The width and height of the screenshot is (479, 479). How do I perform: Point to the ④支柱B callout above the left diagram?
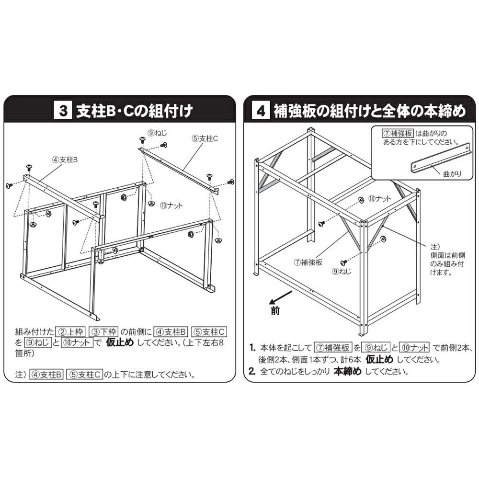click(65, 160)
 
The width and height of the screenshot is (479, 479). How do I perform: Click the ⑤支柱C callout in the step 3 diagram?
click(205, 139)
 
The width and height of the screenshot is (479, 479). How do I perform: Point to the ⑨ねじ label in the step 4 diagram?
click(342, 271)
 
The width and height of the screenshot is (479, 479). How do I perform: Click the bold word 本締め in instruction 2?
click(347, 371)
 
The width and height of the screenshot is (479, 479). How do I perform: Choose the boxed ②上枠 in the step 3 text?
click(71, 331)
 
